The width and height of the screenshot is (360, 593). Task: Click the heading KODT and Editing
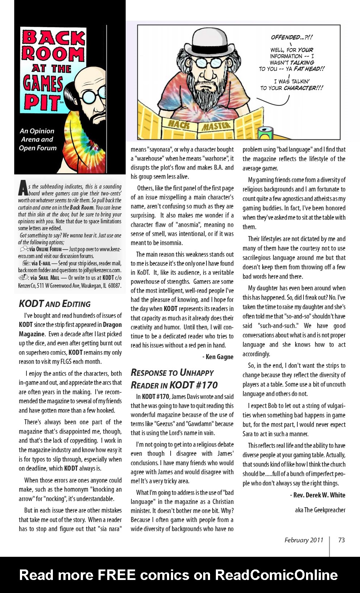point(55,304)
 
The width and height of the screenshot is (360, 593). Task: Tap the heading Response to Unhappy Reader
point(174,379)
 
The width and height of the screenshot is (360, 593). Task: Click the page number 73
point(341,540)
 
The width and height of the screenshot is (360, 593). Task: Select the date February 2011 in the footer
point(304,540)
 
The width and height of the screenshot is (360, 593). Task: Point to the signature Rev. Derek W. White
point(318,495)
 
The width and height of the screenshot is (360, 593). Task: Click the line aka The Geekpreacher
point(320,510)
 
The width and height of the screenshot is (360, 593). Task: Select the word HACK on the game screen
point(179,125)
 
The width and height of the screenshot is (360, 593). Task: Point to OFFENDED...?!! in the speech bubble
point(292,37)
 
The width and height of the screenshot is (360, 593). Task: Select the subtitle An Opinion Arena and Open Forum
point(38,139)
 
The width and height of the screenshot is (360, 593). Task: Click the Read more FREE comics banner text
point(179,575)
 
